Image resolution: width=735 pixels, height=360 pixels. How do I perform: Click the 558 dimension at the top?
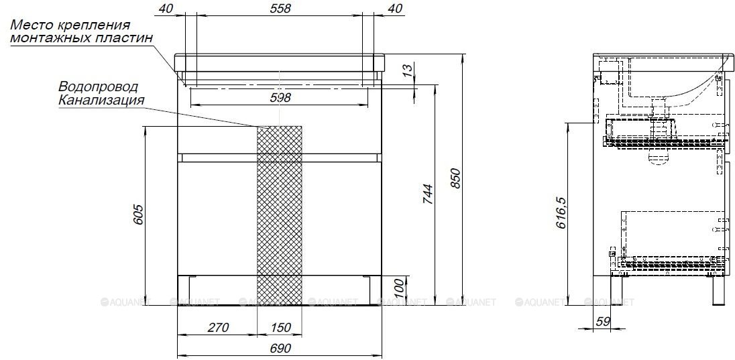tap(280, 8)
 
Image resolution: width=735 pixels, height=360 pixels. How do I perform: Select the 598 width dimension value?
tap(280, 97)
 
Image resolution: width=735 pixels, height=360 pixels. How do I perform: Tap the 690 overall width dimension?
tap(280, 349)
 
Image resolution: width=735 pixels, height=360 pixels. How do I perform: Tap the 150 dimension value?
tap(280, 327)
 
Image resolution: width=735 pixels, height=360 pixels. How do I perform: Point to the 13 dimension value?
tap(408, 71)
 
